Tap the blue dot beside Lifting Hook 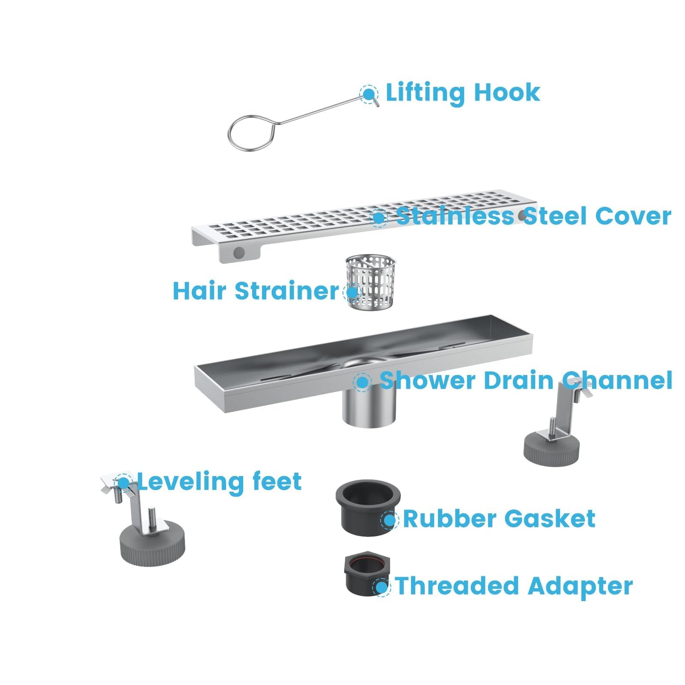[x=368, y=93]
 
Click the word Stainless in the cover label [x=455, y=216]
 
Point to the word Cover [x=633, y=216]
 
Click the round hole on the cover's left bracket [x=239, y=252]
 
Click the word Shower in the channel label [x=419, y=380]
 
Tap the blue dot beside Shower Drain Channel [x=362, y=382]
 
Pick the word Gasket [x=549, y=519]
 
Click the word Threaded [x=457, y=586]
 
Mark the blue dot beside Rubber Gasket [x=389, y=520]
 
